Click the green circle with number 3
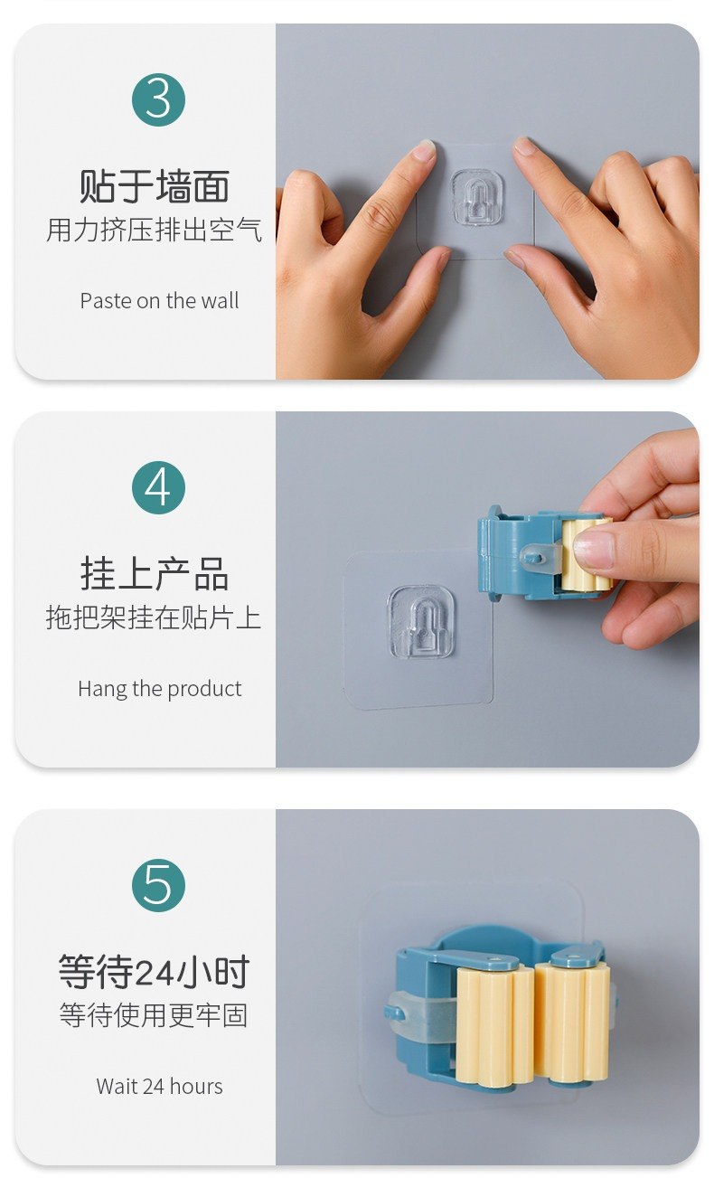point(158,99)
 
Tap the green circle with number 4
point(158,487)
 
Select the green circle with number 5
point(158,885)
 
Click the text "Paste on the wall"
point(159,301)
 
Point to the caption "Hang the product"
point(159,689)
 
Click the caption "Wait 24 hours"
point(159,1086)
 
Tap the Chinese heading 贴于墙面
point(154,186)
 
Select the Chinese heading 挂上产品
point(154,574)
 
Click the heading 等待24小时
point(154,971)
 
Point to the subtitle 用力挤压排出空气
point(154,231)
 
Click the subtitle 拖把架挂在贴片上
point(154,617)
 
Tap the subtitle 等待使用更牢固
point(154,1015)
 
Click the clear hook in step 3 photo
point(477,197)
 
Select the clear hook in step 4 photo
point(421,622)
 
